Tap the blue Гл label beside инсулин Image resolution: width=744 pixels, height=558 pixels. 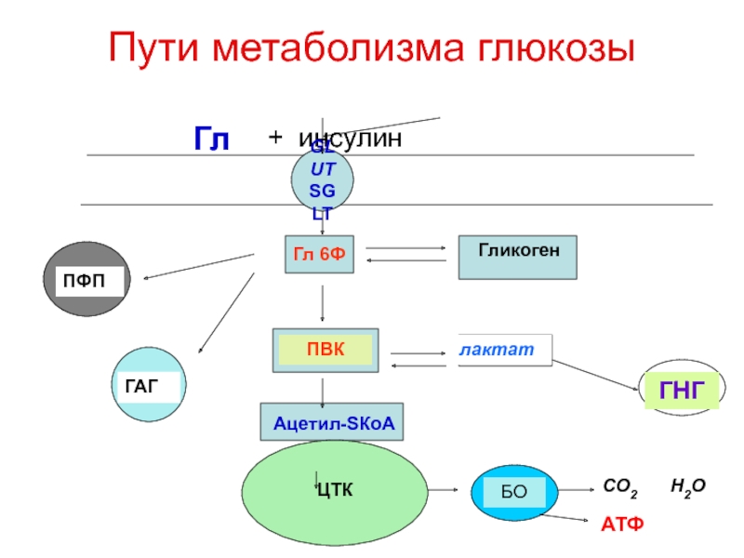coord(211,139)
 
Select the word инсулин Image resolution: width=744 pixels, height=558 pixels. coord(352,139)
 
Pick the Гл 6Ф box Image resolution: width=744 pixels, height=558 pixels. coord(319,254)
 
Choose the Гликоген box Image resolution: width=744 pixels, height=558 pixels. coord(517,257)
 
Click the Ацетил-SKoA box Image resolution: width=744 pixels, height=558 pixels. coord(334,423)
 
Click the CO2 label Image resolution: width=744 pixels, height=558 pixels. coord(620,486)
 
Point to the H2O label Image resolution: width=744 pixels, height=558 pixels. coord(689,486)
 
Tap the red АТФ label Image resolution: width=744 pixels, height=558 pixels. coord(620,525)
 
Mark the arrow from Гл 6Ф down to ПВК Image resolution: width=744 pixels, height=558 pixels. coord(322,302)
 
